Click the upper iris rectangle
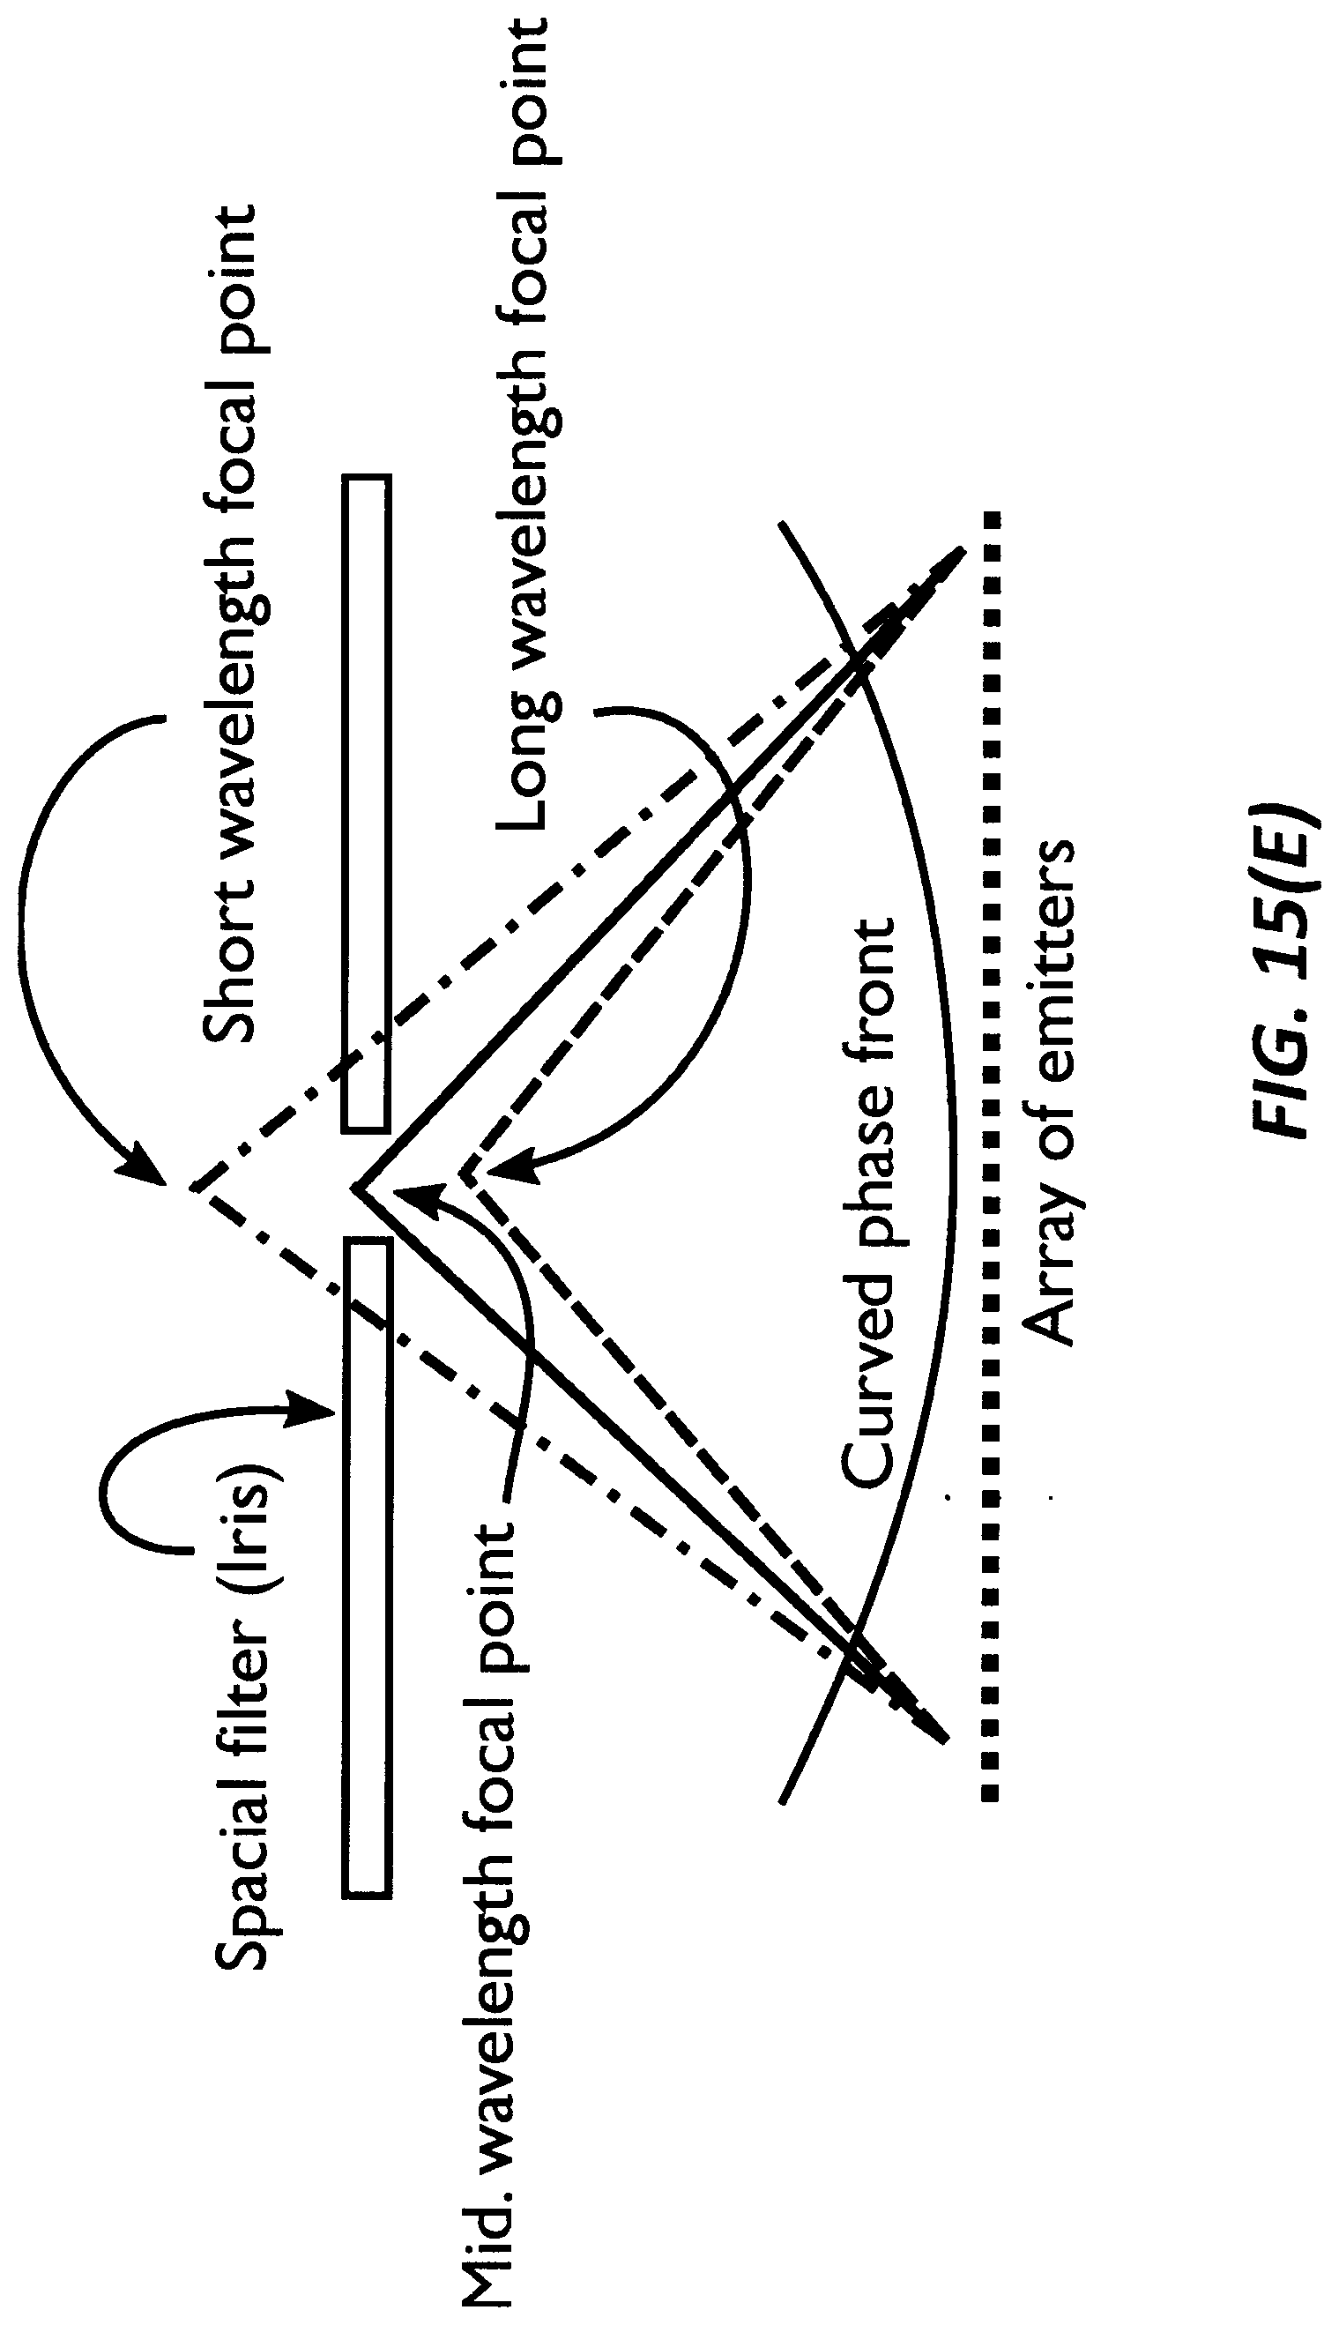click(366, 803)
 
